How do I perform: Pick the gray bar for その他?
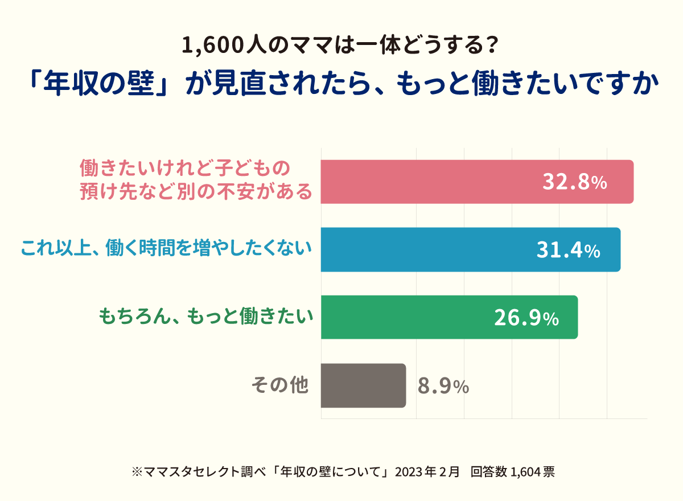click(363, 385)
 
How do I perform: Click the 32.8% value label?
click(574, 182)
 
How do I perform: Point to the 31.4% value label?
click(567, 250)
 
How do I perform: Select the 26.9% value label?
click(525, 318)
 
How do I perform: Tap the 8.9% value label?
click(443, 386)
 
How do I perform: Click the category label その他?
click(280, 385)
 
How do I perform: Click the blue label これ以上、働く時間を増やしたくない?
click(167, 249)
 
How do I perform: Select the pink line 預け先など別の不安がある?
click(196, 192)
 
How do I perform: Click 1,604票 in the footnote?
click(533, 471)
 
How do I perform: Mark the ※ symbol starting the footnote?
click(135, 472)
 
